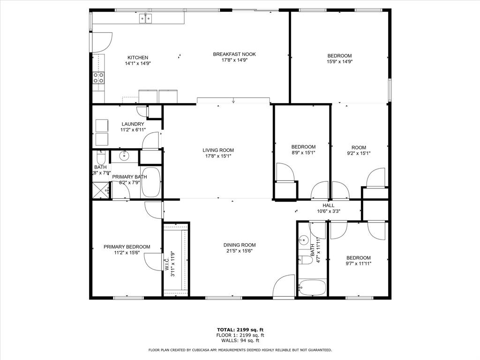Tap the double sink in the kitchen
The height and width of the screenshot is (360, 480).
click(146, 19)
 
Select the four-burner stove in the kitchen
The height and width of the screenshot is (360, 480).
click(98, 78)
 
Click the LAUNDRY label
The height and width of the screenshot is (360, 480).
click(133, 124)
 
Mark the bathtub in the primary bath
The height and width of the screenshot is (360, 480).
click(150, 182)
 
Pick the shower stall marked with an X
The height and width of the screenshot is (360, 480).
click(100, 190)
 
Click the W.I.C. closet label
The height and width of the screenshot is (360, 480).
click(167, 262)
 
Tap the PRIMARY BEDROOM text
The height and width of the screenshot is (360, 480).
click(127, 247)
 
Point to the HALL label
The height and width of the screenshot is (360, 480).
click(328, 205)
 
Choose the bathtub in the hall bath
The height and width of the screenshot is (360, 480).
click(312, 286)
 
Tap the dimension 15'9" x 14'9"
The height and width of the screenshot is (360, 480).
click(339, 61)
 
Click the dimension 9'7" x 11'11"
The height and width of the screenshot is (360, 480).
click(359, 264)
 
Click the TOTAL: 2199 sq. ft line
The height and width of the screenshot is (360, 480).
click(240, 330)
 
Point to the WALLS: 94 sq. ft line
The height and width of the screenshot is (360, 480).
click(240, 341)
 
